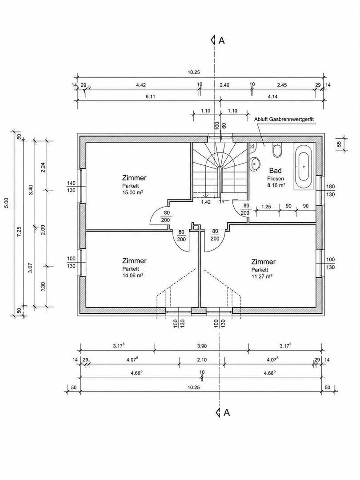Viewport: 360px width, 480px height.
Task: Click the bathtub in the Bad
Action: tap(304, 167)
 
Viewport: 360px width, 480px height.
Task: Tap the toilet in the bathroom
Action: tap(277, 150)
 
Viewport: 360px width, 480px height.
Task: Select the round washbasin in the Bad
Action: tap(255, 165)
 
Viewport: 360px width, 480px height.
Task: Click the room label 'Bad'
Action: tap(275, 171)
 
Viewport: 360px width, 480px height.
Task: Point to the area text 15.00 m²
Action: tap(133, 192)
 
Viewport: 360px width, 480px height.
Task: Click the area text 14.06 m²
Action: tap(133, 275)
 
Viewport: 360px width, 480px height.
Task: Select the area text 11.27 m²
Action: tap(262, 276)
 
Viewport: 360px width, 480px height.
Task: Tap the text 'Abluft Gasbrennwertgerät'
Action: tap(284, 119)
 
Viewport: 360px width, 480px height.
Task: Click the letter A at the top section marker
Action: tap(222, 40)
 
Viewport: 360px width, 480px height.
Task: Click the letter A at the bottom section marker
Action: tap(227, 412)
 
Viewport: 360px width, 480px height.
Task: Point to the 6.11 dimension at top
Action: tap(151, 96)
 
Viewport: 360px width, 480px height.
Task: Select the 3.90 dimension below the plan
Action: tap(202, 346)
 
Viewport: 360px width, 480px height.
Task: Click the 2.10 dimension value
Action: tap(202, 360)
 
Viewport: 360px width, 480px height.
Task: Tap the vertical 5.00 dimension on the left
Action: tap(7, 203)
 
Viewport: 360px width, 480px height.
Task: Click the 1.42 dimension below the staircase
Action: tap(206, 202)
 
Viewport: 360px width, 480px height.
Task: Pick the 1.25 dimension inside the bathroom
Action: tap(266, 207)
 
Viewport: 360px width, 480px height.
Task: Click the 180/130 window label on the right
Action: tap(331, 190)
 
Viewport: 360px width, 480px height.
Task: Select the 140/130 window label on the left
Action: tap(71, 187)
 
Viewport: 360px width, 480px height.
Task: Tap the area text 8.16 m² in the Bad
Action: tap(276, 185)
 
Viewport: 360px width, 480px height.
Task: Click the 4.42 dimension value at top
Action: tap(141, 85)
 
